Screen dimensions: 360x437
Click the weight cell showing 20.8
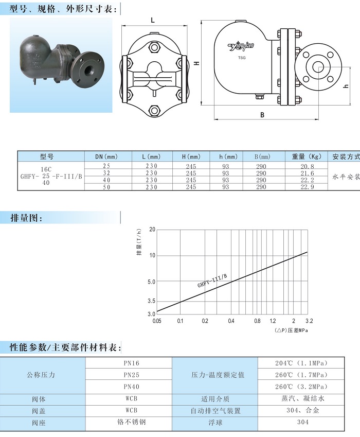click(307, 166)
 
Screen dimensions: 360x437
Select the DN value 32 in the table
click(106, 173)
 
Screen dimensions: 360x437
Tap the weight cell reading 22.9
click(307, 187)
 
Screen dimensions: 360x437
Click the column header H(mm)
click(191, 156)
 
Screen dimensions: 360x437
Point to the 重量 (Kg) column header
click(307, 156)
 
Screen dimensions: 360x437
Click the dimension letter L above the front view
click(153, 21)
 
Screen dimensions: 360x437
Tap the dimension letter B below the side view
click(262, 115)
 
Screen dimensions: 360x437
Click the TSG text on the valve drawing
click(242, 58)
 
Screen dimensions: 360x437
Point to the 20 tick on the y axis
click(152, 230)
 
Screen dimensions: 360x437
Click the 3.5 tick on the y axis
click(152, 301)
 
